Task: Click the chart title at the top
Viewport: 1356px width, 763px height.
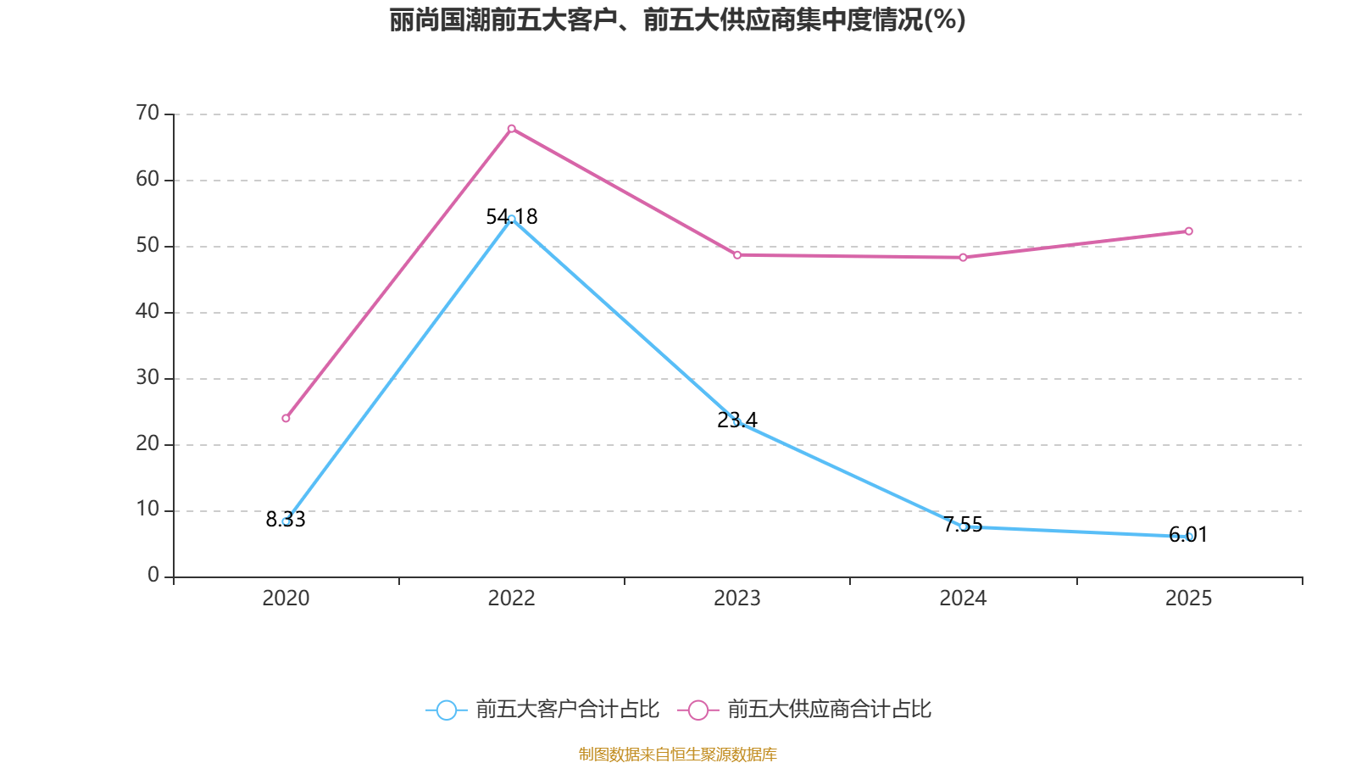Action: pos(677,19)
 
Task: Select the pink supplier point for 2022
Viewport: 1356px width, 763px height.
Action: pos(511,128)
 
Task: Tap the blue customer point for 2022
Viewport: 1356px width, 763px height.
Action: pos(511,219)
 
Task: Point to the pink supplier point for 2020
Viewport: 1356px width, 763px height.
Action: pos(286,418)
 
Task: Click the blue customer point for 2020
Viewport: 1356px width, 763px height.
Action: pos(286,521)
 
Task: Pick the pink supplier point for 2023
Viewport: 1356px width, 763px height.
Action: pos(736,254)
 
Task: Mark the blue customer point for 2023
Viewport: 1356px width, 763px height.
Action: pos(736,422)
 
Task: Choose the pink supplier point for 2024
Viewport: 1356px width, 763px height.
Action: pos(963,257)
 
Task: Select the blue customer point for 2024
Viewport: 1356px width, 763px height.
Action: pos(963,526)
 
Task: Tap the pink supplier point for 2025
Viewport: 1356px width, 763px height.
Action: pos(1188,231)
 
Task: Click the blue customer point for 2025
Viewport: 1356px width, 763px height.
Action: pos(1189,537)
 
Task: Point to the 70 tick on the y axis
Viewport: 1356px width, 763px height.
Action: pos(147,113)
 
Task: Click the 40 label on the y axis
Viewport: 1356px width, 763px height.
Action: pos(147,311)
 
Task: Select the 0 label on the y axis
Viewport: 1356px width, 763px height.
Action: pos(153,575)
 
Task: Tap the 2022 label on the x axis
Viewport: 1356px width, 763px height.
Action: pos(511,599)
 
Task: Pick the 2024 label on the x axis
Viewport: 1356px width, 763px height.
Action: pos(963,599)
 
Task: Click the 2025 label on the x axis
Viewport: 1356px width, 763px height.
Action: pos(1188,599)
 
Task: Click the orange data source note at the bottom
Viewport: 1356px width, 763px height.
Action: pos(677,754)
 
